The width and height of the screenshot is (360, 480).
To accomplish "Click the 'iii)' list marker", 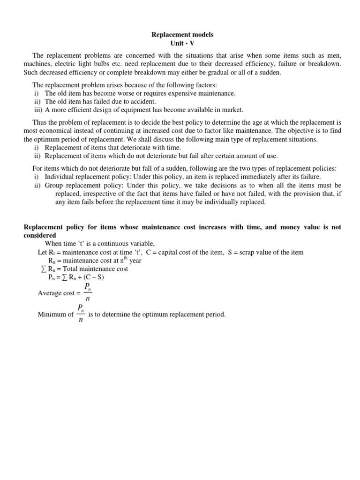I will [38, 110].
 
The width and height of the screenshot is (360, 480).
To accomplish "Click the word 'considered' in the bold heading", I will [40, 235].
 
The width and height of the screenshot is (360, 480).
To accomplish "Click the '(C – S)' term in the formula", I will [93, 277].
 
